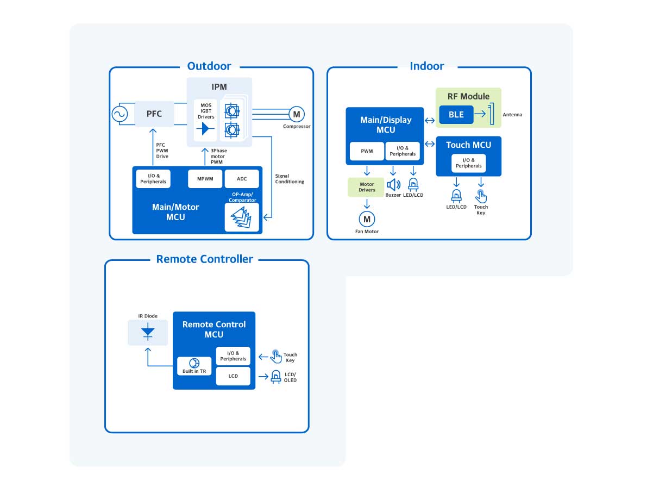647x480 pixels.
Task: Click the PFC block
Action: (154, 114)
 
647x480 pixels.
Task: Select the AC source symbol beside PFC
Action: (120, 114)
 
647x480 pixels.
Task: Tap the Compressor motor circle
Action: (296, 114)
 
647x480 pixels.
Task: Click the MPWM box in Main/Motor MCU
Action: (205, 179)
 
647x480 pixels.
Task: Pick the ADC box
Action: (242, 179)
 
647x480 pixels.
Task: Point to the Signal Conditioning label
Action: (290, 178)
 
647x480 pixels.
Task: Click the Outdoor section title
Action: (209, 66)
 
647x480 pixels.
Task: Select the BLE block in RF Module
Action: (456, 115)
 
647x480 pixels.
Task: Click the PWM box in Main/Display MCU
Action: (367, 151)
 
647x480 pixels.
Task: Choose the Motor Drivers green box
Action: (367, 187)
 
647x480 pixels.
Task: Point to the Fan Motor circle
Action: (367, 219)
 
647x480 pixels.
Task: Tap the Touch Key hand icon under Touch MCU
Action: (481, 196)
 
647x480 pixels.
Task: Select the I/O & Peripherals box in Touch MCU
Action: (469, 163)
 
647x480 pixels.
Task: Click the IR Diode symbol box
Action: (148, 332)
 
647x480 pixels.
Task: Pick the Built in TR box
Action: (194, 366)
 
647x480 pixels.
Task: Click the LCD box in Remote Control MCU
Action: (233, 376)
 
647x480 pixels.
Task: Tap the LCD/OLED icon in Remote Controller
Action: (276, 376)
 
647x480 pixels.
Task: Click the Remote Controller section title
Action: (204, 259)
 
